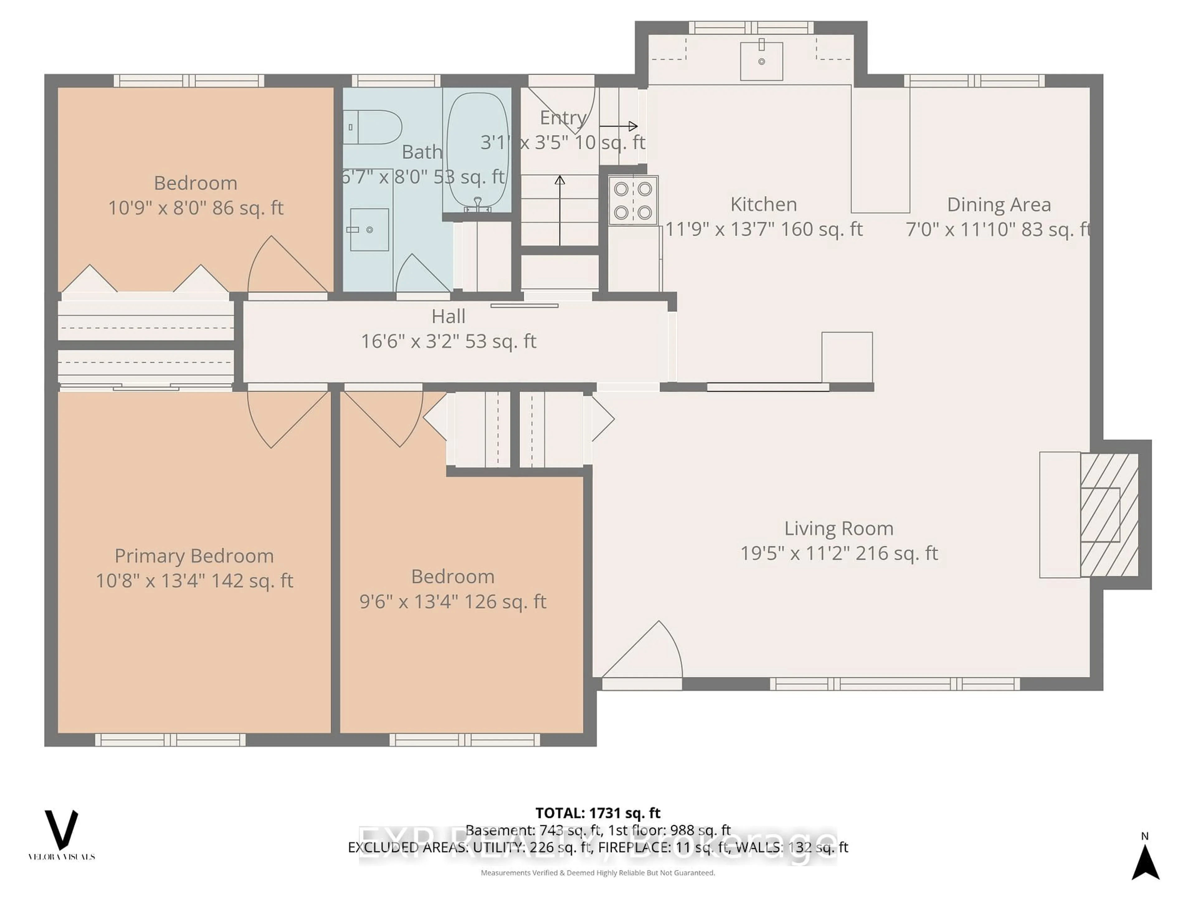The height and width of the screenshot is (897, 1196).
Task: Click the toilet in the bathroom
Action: click(373, 127)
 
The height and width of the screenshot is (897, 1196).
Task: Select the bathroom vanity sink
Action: click(369, 230)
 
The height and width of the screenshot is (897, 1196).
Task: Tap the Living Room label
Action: click(839, 528)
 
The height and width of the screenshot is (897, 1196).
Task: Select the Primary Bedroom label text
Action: click(194, 556)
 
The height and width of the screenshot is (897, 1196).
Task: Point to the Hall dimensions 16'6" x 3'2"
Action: click(448, 341)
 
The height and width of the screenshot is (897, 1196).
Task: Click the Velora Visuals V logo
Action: click(61, 830)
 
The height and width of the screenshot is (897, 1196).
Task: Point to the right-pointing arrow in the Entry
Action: click(619, 126)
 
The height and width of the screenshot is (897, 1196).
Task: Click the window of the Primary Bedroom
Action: click(170, 740)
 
